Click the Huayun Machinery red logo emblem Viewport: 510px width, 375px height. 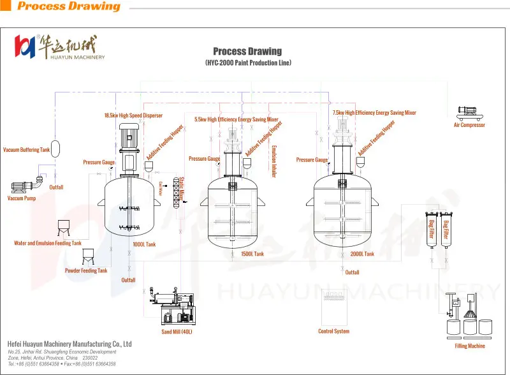coord(25,45)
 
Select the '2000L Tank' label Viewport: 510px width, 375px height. coord(362,254)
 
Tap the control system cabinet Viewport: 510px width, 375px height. coord(333,307)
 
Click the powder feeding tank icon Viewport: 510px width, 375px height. coord(90,256)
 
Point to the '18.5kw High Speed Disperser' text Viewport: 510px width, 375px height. coord(133,115)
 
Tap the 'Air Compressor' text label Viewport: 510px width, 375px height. coord(469,125)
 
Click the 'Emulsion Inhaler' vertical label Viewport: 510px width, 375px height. coord(274,161)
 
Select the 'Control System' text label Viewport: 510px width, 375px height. coord(333,332)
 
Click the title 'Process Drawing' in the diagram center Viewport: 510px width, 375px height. coord(247,51)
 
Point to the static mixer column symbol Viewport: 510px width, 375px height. coord(175,189)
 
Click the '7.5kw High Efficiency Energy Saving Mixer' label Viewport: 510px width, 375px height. coord(374,113)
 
